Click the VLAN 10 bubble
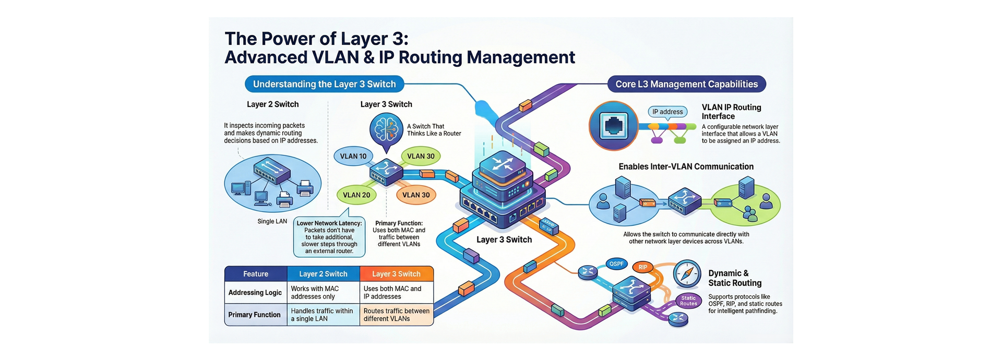353,156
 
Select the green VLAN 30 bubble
421,156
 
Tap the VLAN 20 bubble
356,195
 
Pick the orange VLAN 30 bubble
416,195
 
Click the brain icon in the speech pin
386,128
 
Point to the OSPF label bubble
616,264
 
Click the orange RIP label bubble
643,267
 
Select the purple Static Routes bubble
688,301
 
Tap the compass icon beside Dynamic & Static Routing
687,274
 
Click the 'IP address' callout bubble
667,112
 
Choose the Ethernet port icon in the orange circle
613,126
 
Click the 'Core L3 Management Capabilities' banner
686,84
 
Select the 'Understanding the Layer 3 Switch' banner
324,84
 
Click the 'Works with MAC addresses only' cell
323,293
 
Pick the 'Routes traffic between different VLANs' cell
396,315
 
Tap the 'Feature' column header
256,274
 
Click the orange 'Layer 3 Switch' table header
396,274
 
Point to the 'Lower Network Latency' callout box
329,237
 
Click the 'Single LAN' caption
272,221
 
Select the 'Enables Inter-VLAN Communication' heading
686,166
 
